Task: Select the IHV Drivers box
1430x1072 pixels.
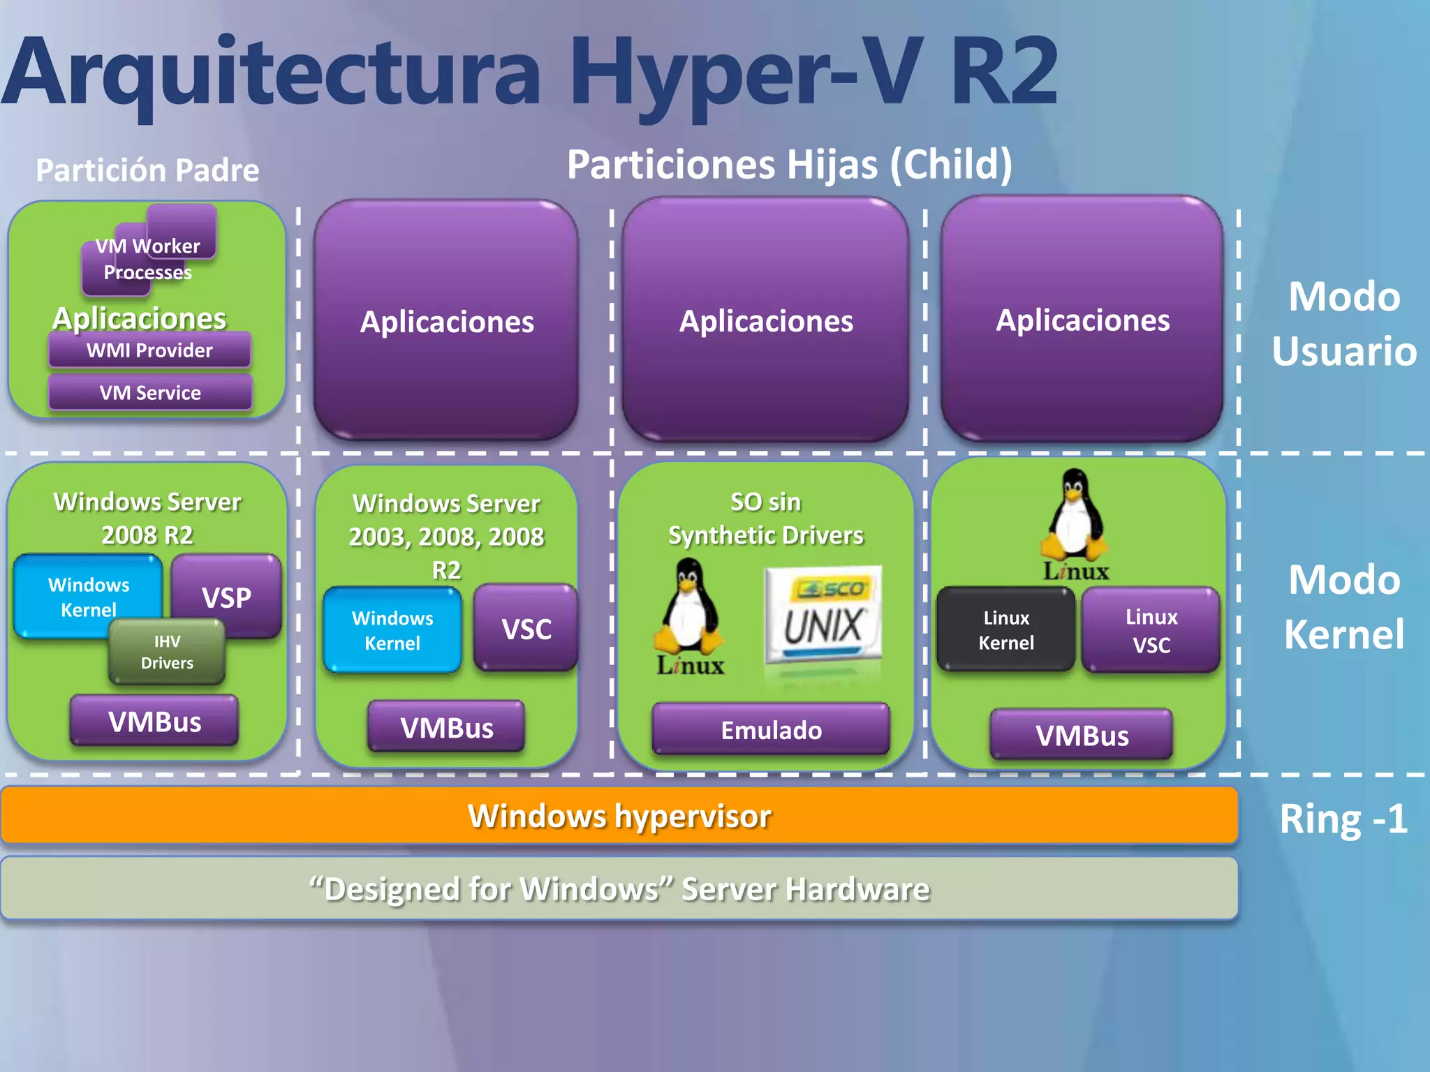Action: click(167, 653)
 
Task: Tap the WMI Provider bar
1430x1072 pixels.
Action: click(149, 350)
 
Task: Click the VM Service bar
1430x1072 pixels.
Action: click(149, 392)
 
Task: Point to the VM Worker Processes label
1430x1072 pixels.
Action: click(148, 259)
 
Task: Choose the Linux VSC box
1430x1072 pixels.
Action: click(1151, 630)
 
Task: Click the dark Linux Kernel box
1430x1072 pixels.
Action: click(1005, 630)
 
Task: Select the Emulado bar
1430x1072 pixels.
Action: click(771, 730)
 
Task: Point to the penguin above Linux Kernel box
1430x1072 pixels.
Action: click(1075, 516)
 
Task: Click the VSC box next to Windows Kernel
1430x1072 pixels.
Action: click(526, 628)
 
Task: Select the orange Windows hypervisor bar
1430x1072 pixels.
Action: click(619, 815)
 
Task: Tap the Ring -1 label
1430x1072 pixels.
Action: click(1343, 819)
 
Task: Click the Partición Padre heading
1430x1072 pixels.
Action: click(147, 170)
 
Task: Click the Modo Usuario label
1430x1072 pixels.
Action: click(1343, 323)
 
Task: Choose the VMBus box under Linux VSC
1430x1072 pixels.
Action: click(1081, 736)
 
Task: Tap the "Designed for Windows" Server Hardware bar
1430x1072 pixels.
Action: click(619, 888)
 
